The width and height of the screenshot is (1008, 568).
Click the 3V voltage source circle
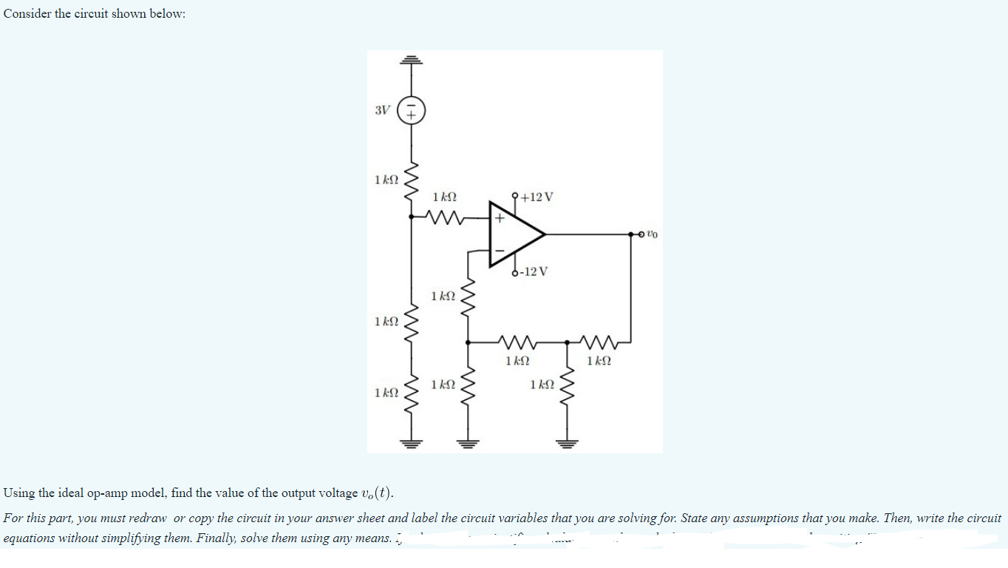pyautogui.click(x=412, y=112)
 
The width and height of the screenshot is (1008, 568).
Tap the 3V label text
pyautogui.click(x=382, y=111)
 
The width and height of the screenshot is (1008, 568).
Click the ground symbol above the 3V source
pyautogui.click(x=412, y=60)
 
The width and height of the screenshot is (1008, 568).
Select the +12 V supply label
pyautogui.click(x=537, y=197)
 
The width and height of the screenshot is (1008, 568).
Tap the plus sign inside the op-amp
pyautogui.click(x=499, y=218)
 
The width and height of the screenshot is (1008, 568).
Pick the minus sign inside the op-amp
pyautogui.click(x=499, y=251)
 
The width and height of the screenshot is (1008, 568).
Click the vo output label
pyautogui.click(x=651, y=234)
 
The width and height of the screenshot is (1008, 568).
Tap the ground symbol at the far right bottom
pyautogui.click(x=568, y=444)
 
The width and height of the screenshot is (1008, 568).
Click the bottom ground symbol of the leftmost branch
pyautogui.click(x=412, y=444)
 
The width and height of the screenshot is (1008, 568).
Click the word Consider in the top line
pyautogui.click(x=27, y=15)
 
